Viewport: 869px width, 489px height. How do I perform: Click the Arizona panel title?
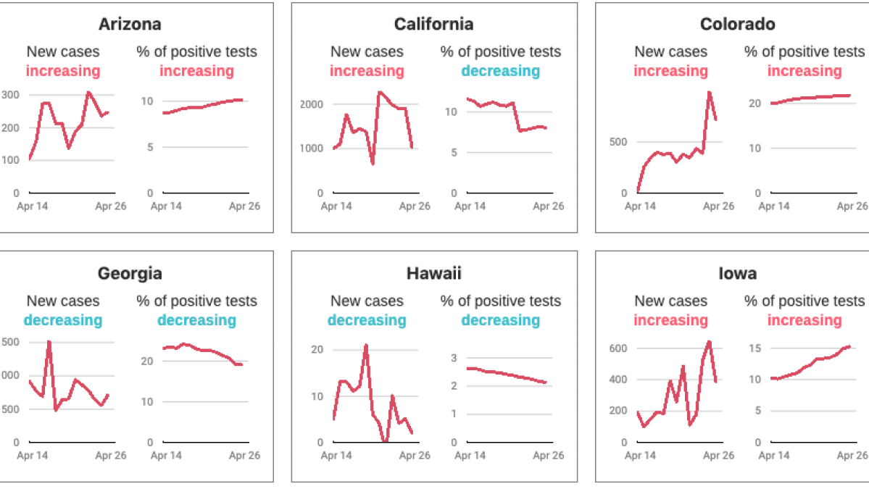click(x=130, y=25)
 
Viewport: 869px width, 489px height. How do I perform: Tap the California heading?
click(x=433, y=25)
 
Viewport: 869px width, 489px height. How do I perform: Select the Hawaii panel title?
click(x=433, y=274)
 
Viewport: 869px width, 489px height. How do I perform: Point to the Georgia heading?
click(x=130, y=274)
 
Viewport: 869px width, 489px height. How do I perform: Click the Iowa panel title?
click(x=737, y=274)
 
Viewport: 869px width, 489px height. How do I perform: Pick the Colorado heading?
click(x=737, y=25)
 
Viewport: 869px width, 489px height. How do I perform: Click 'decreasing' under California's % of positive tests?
click(x=500, y=71)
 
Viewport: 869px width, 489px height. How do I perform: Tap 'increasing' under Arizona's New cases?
click(x=63, y=71)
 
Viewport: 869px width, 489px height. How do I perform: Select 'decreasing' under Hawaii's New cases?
click(x=366, y=320)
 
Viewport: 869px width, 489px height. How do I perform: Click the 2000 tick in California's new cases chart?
click(x=312, y=104)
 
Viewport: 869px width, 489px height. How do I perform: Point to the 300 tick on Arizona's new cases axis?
click(x=10, y=95)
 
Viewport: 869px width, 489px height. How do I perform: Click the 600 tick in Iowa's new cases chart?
click(x=618, y=348)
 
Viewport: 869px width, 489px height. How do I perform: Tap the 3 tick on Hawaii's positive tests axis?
click(x=454, y=358)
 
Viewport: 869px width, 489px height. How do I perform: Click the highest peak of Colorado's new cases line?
click(x=709, y=92)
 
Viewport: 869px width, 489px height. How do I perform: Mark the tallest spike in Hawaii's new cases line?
click(x=366, y=345)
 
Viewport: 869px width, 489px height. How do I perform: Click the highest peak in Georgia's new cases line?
click(x=49, y=341)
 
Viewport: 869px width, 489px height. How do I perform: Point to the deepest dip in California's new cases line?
click(x=373, y=164)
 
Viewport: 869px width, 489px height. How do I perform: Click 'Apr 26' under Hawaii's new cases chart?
click(x=415, y=456)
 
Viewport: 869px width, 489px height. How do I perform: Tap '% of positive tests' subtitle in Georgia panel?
click(x=196, y=301)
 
